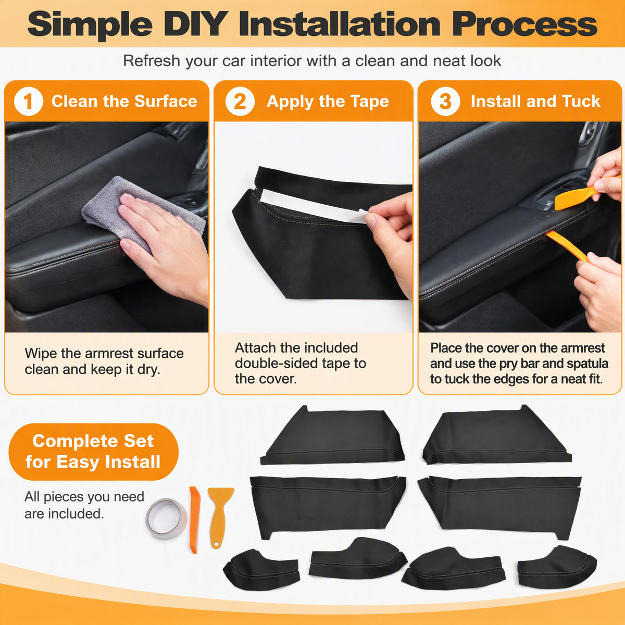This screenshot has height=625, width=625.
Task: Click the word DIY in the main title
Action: (x=196, y=24)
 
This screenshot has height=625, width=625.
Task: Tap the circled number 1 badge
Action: (x=29, y=101)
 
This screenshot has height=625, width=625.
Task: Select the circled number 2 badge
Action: (x=240, y=101)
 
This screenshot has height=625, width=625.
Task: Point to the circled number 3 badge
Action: (x=445, y=101)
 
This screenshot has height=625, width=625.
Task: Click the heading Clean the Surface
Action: (x=124, y=101)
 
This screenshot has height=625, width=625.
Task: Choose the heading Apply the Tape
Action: (x=328, y=102)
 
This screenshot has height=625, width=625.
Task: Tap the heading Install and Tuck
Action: (x=535, y=101)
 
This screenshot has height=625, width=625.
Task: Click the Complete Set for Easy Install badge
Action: (x=93, y=452)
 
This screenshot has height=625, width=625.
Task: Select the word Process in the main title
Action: (x=525, y=24)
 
